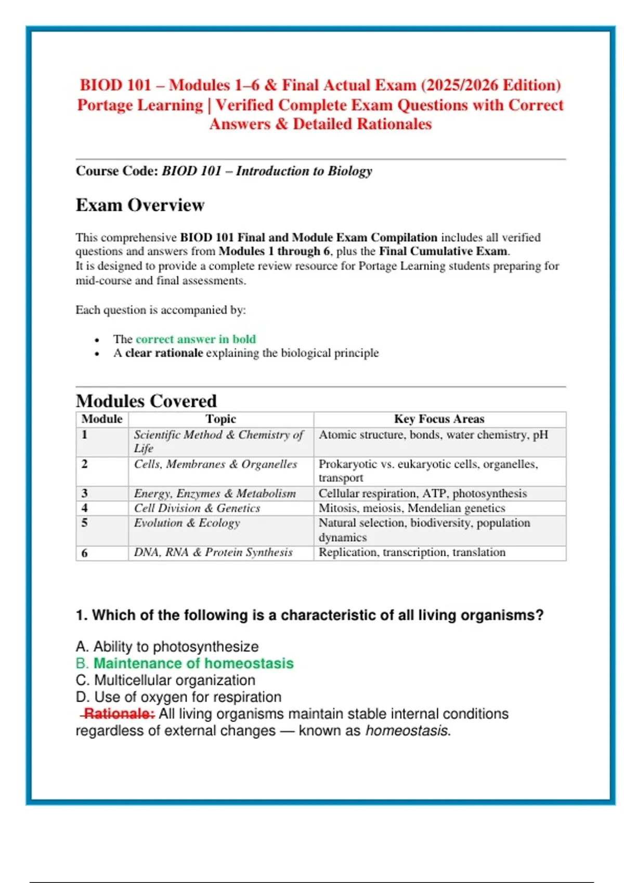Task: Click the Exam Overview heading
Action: [x=140, y=205]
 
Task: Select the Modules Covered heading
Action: [x=146, y=401]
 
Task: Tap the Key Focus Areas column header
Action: [x=439, y=419]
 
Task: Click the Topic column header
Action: [x=220, y=419]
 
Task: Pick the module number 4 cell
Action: [x=85, y=508]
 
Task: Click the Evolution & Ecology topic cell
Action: [x=187, y=523]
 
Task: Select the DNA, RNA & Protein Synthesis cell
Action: [x=213, y=553]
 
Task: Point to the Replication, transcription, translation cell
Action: [x=412, y=553]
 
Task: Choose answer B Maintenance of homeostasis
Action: [x=193, y=663]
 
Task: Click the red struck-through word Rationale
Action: [x=119, y=714]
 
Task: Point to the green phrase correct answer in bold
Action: [x=196, y=339]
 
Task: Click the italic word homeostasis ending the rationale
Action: [x=407, y=731]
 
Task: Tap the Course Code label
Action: [x=117, y=171]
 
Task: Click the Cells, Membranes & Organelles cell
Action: [x=215, y=464]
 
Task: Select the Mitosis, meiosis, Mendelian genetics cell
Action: [x=412, y=508]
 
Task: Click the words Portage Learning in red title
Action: [x=140, y=105]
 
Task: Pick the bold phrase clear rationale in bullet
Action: [x=164, y=353]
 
